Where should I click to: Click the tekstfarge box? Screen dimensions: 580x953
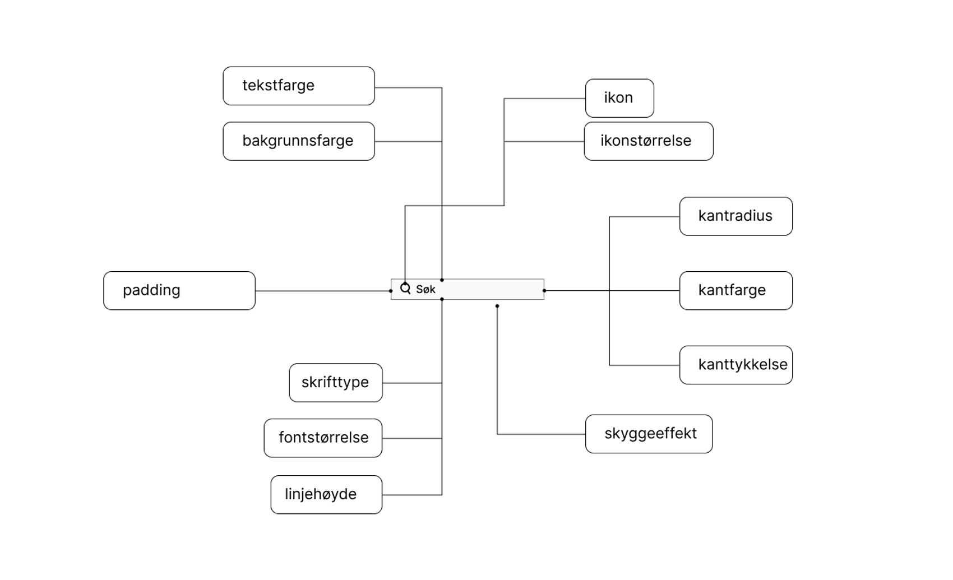coord(299,86)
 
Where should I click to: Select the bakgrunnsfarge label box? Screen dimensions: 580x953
coord(299,141)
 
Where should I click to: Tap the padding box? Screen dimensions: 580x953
coord(179,291)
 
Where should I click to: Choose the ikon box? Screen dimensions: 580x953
coord(619,98)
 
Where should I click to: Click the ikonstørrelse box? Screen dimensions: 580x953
coord(649,141)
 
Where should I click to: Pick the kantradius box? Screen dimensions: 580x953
coord(736,216)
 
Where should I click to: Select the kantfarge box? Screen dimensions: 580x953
coord(736,291)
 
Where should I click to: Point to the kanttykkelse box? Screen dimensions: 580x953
coord(736,365)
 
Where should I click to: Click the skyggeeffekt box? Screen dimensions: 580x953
coord(649,434)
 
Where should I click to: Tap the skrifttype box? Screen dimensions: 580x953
coord(336,383)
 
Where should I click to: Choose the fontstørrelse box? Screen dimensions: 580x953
coord(323,438)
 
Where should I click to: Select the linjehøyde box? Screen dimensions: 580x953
coord(326,495)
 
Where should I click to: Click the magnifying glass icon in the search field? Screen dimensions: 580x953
coord(405,289)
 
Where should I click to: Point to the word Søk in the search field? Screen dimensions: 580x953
coord(426,290)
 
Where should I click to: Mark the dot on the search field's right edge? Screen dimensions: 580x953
coord(544,291)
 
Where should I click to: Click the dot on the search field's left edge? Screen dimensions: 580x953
coord(391,291)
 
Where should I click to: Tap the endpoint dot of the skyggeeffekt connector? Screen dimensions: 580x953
coord(497,306)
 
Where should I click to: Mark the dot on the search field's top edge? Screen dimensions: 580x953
coord(442,280)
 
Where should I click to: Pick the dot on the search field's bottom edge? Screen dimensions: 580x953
coord(442,299)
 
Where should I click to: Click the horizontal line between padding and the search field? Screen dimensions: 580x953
coord(322,291)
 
